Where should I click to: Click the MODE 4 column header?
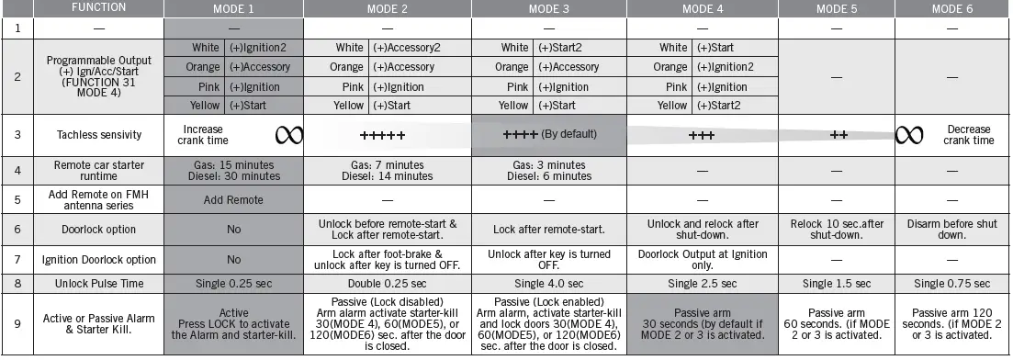pyautogui.click(x=702, y=8)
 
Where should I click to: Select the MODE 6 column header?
pyautogui.click(x=952, y=8)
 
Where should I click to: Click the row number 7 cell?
pyautogui.click(x=17, y=259)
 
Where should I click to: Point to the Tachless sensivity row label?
pyautogui.click(x=99, y=135)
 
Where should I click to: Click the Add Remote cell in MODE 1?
pyautogui.click(x=233, y=199)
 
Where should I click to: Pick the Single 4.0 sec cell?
pyautogui.click(x=548, y=283)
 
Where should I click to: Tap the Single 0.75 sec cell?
pyautogui.click(x=952, y=283)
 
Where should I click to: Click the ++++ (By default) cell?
pyautogui.click(x=549, y=134)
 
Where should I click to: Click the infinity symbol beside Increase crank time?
pyautogui.click(x=289, y=135)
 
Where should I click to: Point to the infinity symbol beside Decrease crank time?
pyautogui.click(x=909, y=135)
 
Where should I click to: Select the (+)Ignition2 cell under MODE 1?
pyautogui.click(x=264, y=48)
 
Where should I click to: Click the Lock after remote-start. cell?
pyautogui.click(x=548, y=229)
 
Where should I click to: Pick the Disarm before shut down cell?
pyautogui.click(x=952, y=229)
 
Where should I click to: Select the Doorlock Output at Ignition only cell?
pyautogui.click(x=702, y=259)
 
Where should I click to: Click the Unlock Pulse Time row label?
pyautogui.click(x=99, y=283)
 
